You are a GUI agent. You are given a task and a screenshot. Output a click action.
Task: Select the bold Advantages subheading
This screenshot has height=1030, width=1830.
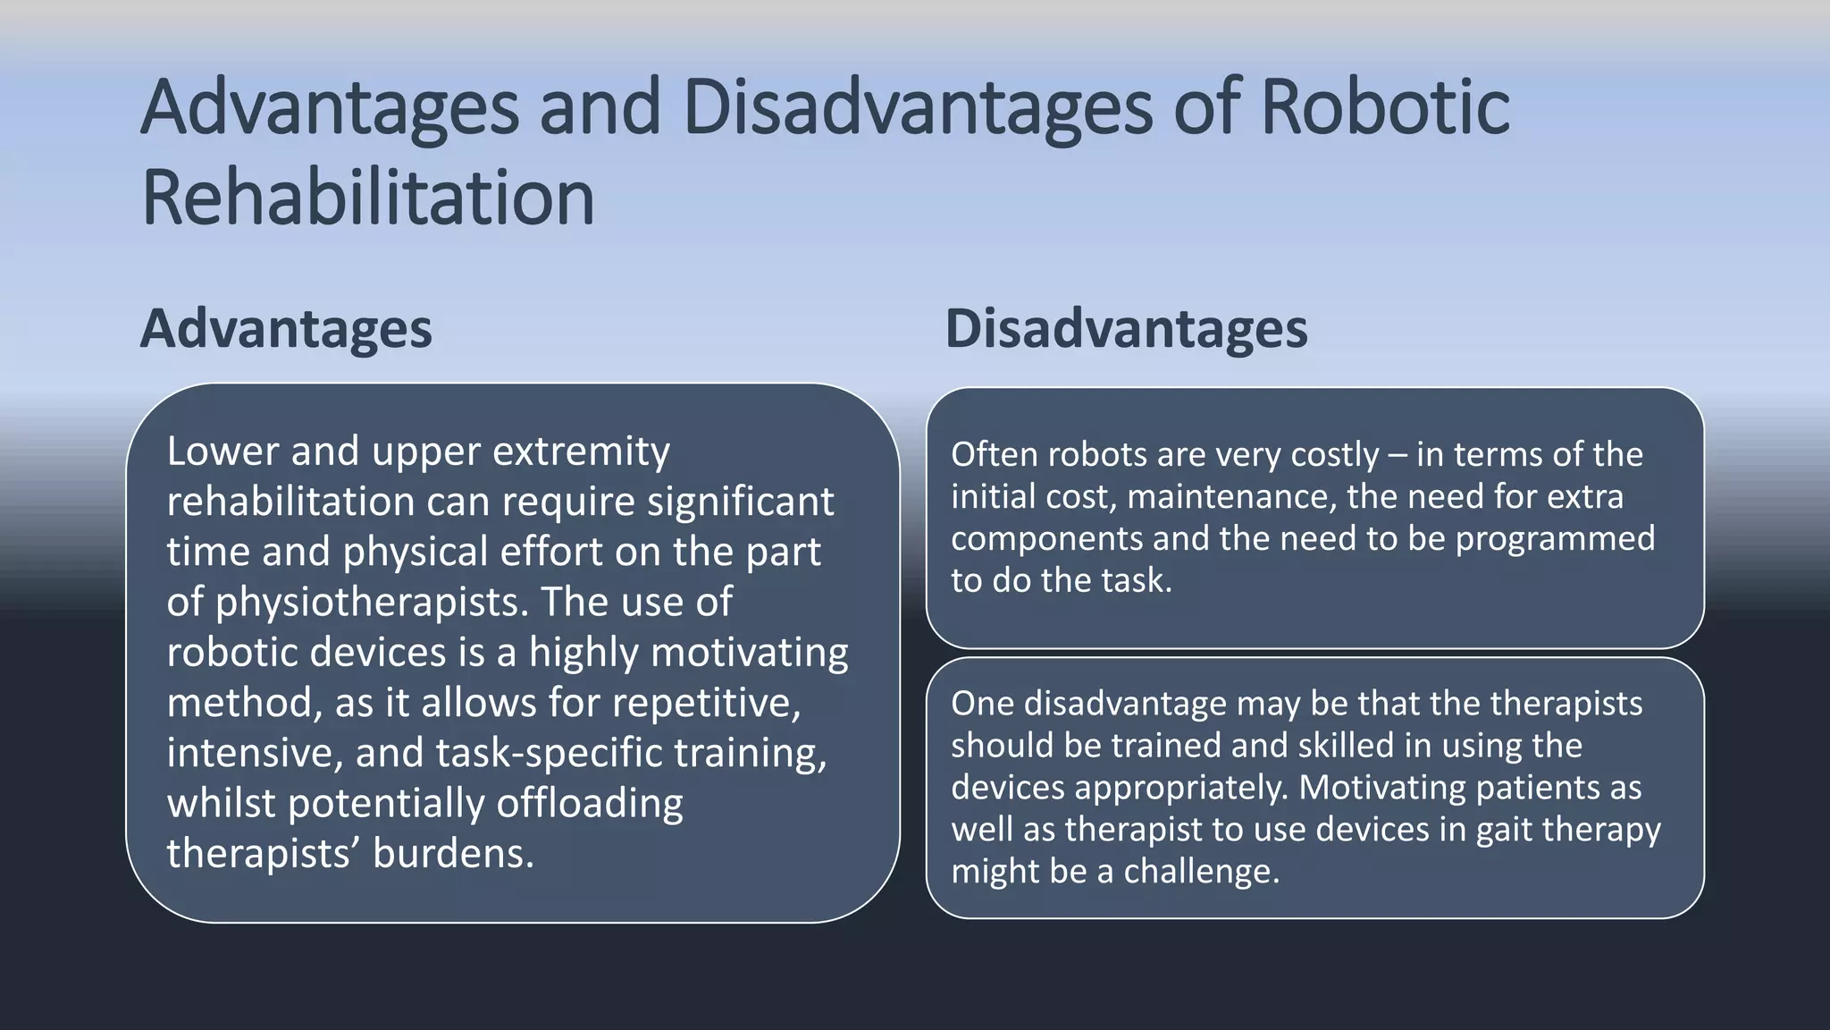click(286, 329)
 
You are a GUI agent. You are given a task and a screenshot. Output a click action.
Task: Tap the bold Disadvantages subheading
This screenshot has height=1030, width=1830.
click(1126, 329)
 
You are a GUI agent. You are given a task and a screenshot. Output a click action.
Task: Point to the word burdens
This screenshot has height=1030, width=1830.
click(453, 854)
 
